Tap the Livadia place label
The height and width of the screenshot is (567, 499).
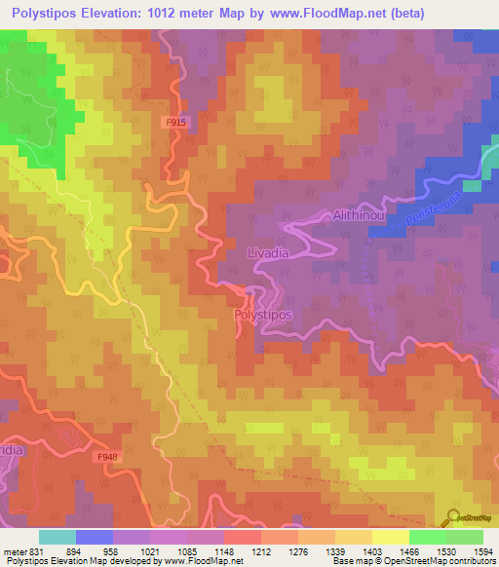coord(262,252)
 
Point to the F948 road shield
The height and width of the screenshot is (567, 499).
coord(107,456)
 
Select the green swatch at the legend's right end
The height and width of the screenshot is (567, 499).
coord(465,537)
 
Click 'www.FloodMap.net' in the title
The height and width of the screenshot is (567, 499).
coord(308,14)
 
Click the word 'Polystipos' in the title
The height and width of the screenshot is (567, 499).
coord(47,14)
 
